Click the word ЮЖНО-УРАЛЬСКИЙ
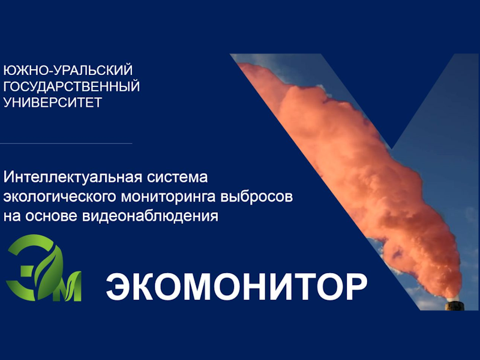68,70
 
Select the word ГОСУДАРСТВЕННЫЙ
71,86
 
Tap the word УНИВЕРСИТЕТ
52,102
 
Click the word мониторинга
169,197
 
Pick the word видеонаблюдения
150,216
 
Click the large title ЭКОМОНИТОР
236,287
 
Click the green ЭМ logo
44,268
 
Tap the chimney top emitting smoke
454,304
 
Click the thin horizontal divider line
66,143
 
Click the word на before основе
12,217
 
